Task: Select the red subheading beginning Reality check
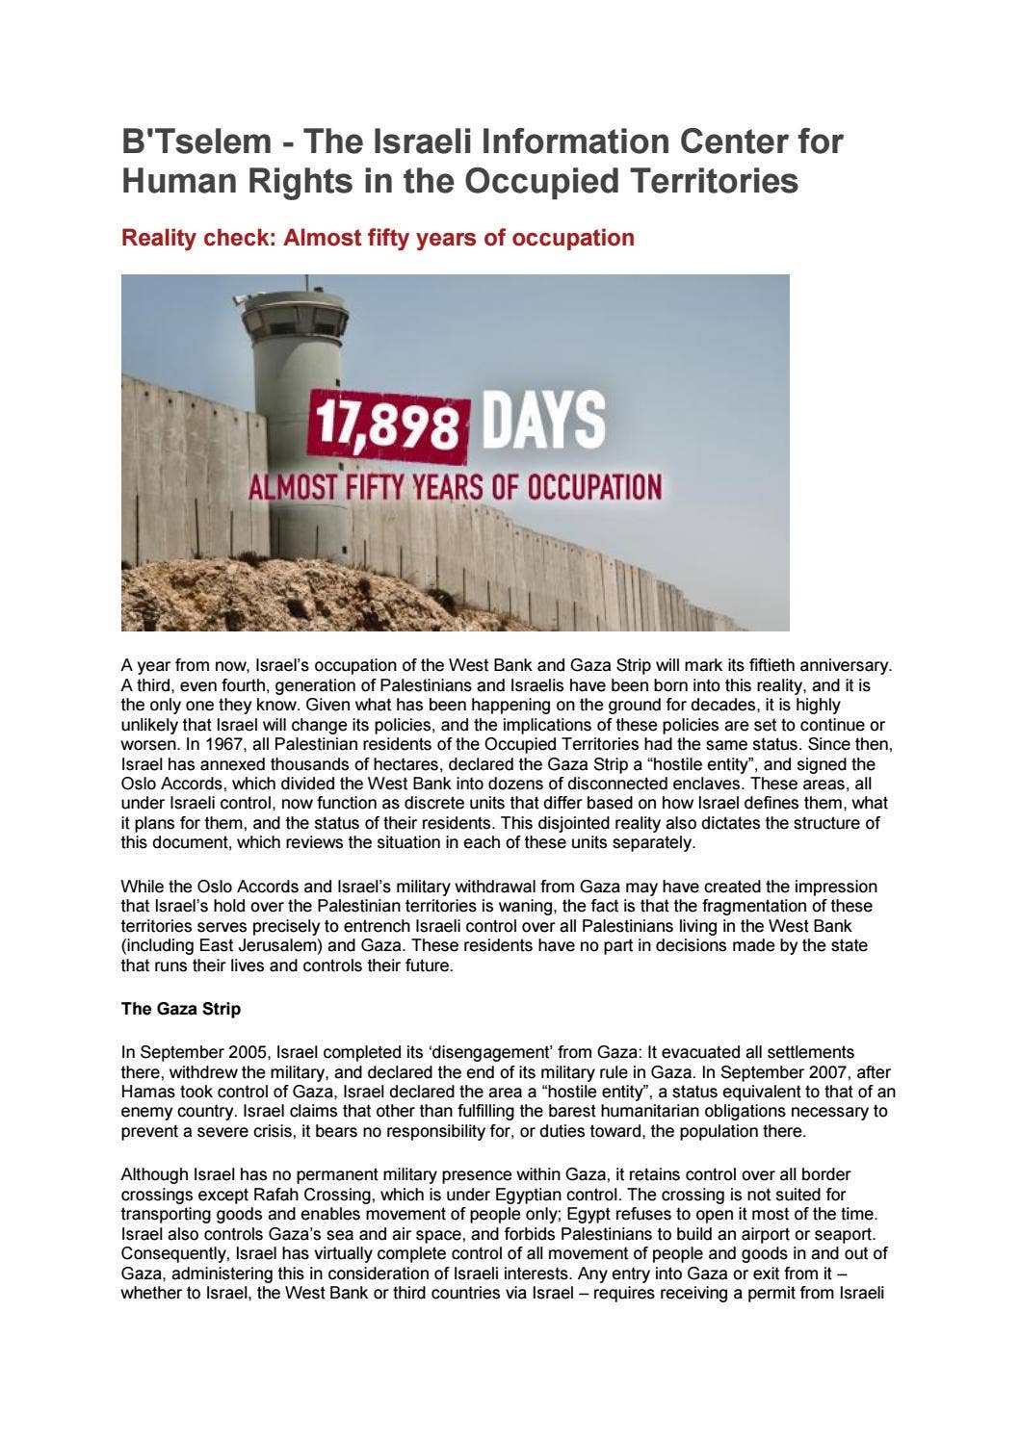[x=378, y=238]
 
